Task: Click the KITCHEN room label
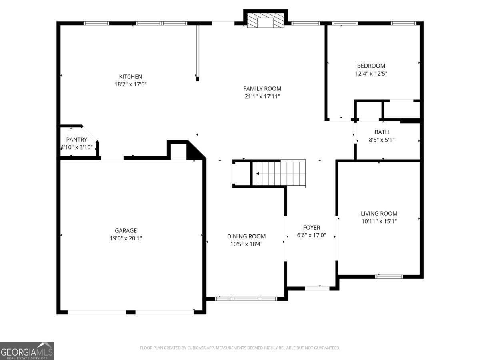130,77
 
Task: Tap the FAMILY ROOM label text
262,89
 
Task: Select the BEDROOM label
371,66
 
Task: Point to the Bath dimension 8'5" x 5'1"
381,140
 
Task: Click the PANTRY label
76,140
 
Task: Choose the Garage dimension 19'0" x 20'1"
126,238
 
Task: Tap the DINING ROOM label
246,236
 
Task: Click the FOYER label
311,228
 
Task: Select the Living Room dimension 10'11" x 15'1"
379,221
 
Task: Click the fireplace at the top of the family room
265,22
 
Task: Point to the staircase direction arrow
258,174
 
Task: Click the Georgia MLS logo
27,351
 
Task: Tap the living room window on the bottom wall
389,276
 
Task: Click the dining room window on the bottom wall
246,298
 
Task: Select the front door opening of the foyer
317,288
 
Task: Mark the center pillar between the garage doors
130,312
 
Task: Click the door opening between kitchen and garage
112,158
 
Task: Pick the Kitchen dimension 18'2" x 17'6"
130,84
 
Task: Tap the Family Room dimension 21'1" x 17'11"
262,96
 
